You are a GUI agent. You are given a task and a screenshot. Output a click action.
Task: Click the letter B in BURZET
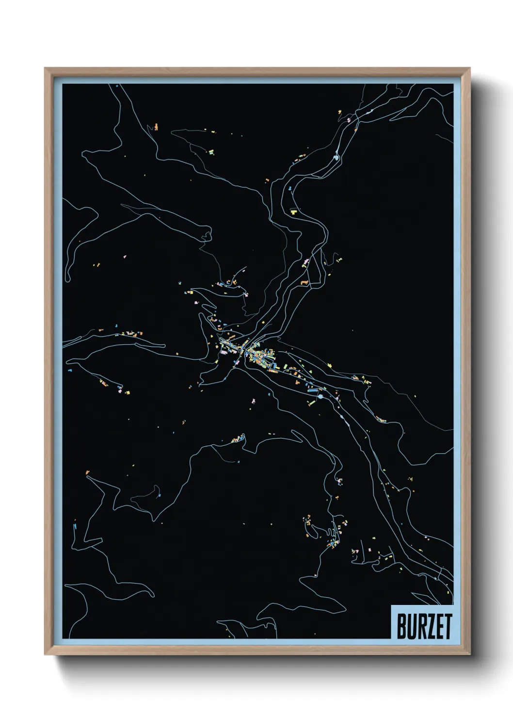tap(402, 626)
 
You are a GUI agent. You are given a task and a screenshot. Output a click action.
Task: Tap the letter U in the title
tap(412, 626)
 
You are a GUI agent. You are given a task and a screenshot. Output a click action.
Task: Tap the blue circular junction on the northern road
tap(337, 157)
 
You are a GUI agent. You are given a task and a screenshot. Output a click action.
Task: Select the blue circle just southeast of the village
tap(320, 397)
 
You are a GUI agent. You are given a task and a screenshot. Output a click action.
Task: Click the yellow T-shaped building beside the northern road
tap(294, 212)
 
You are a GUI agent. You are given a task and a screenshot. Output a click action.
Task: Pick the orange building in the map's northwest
tap(156, 127)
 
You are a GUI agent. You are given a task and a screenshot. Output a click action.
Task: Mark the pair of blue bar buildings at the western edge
tap(75, 525)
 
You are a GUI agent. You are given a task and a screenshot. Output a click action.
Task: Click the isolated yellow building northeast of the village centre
tap(353, 330)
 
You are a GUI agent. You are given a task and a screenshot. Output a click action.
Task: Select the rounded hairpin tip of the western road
tap(68, 278)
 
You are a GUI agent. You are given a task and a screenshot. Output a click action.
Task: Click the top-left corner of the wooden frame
tap(45, 68)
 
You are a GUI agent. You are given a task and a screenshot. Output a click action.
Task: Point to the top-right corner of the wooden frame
tap(469, 68)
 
